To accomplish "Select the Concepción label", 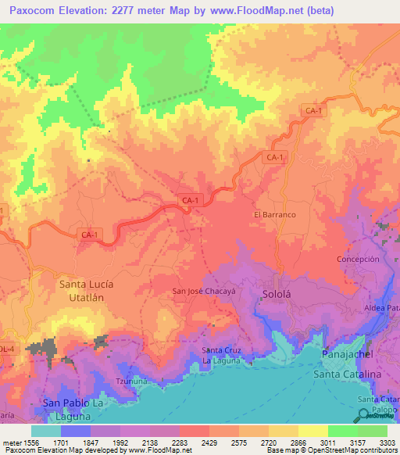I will (358, 259).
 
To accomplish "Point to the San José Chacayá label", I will (204, 292).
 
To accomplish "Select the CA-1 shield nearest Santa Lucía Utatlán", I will (90, 234).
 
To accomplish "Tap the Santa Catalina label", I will (346, 375).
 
